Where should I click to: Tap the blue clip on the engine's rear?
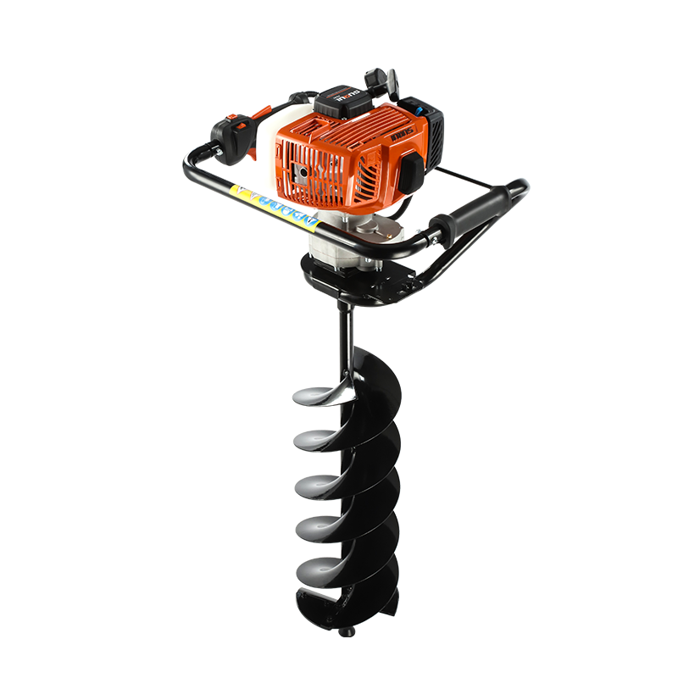tap(418, 110)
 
